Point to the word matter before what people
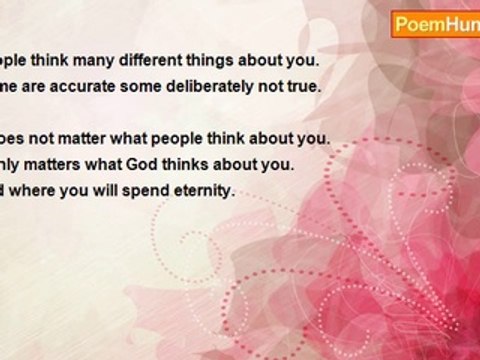pos(95,137)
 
